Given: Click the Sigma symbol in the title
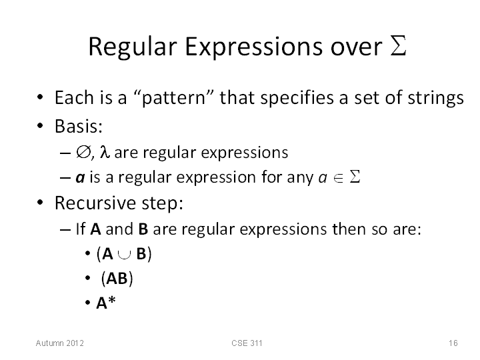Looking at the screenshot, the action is coord(398,45).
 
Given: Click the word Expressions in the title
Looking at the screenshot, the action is coord(254,47).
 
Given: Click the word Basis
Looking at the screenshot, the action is coord(79,126).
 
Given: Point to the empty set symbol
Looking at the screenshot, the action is coord(83,152).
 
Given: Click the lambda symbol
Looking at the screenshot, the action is coord(105,152).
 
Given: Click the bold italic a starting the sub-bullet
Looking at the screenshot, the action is coord(80,178).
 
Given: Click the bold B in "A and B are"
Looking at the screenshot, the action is coord(143,229).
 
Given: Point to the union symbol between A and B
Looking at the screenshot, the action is coord(124,255).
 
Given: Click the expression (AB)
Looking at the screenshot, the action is coord(117,278).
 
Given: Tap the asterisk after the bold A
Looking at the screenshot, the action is coord(112,299).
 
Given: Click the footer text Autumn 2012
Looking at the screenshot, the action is coord(60,343).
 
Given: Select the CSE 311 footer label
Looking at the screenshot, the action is coord(247,343).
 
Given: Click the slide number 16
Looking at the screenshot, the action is coord(453,343).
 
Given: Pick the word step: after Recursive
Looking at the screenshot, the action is coord(162,203).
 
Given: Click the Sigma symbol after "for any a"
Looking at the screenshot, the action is coord(355,177).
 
